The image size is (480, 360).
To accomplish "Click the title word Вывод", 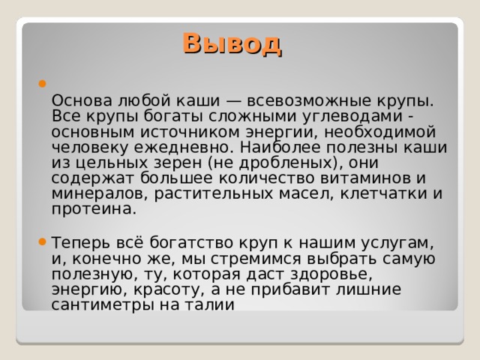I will click(x=232, y=43).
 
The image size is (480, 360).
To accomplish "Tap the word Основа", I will click(x=81, y=101).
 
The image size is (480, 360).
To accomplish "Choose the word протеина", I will click(x=94, y=208).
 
